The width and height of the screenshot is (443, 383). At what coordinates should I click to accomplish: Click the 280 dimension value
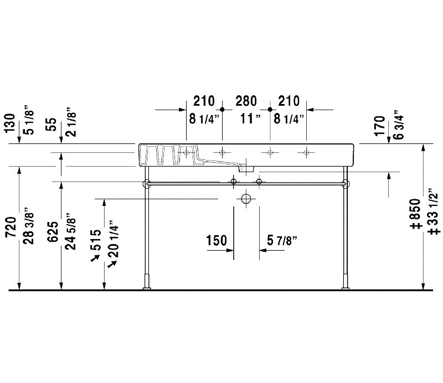pyautogui.click(x=246, y=101)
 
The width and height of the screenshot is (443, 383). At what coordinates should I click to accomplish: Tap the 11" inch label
pyautogui.click(x=250, y=118)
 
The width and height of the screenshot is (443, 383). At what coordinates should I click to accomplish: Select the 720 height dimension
pyautogui.click(x=11, y=227)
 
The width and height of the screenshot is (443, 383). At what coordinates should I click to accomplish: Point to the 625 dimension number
pyautogui.click(x=53, y=231)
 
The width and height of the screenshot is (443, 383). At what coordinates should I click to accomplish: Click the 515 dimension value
pyautogui.click(x=95, y=240)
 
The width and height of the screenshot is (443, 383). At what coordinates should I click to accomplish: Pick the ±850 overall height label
pyautogui.click(x=415, y=214)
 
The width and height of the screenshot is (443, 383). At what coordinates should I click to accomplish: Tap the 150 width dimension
pyautogui.click(x=217, y=240)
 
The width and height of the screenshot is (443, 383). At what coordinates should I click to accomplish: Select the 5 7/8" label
pyautogui.click(x=282, y=240)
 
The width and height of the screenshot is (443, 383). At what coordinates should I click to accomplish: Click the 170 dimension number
pyautogui.click(x=380, y=126)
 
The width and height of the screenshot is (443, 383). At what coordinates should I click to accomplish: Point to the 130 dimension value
pyautogui.click(x=11, y=123)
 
